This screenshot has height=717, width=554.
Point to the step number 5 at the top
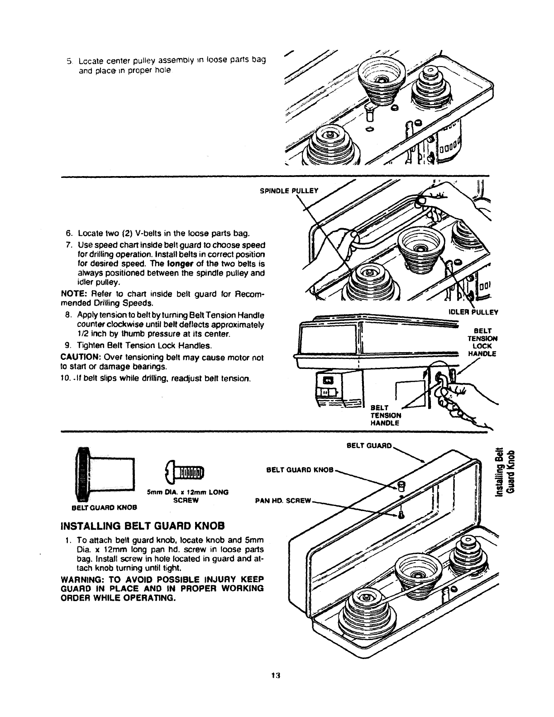(69, 62)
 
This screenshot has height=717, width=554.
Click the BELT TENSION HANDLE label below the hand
(385, 415)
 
